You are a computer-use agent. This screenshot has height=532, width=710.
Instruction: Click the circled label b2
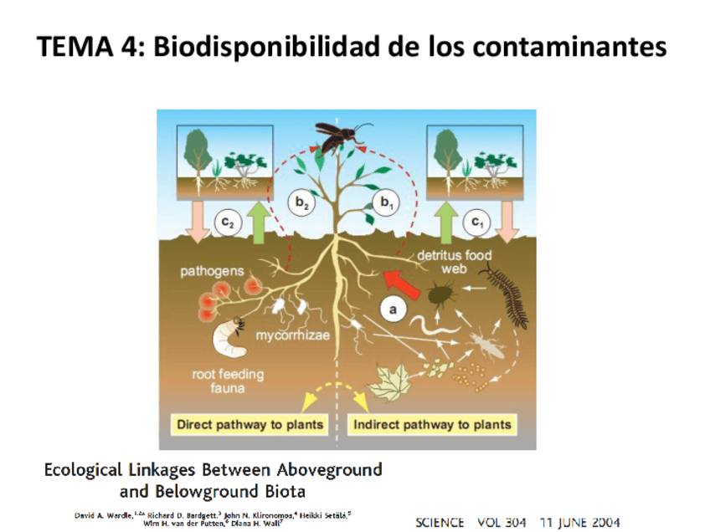[302, 202]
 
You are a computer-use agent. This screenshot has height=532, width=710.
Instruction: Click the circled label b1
[387, 202]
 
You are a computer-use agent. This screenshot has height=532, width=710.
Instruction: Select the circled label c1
[477, 222]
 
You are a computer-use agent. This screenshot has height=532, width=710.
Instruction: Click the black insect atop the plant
[339, 136]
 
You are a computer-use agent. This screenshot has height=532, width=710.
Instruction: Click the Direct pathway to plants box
[250, 424]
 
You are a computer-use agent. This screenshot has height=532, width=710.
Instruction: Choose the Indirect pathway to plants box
[432, 424]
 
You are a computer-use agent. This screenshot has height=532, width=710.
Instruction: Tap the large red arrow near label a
[400, 282]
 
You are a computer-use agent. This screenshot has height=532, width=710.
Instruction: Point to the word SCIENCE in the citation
[440, 523]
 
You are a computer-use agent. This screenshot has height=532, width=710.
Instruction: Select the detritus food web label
[455, 261]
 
